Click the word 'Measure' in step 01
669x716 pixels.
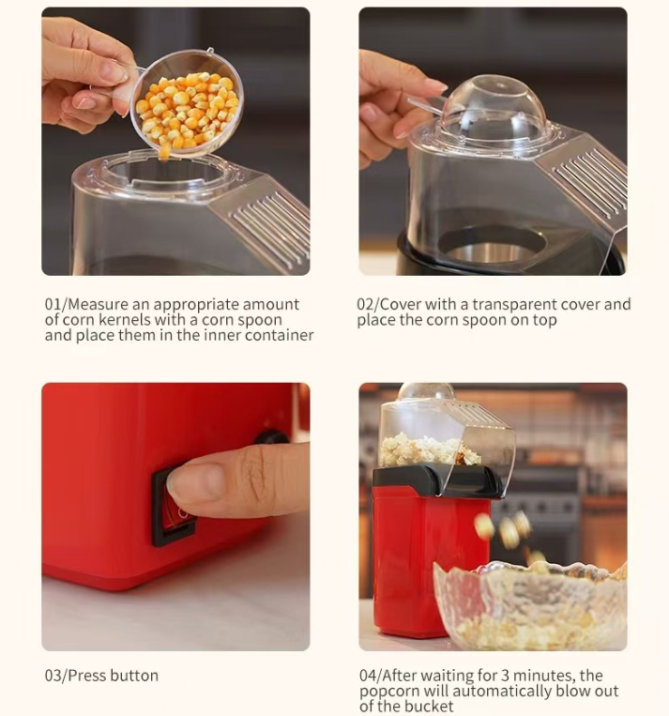98,304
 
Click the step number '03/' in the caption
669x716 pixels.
55,676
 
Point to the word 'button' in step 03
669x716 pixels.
134,676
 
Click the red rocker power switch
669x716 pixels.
175,506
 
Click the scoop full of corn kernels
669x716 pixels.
187,104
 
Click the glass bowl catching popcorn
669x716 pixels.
530,606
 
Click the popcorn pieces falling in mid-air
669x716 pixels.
507,533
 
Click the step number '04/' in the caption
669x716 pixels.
370,675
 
